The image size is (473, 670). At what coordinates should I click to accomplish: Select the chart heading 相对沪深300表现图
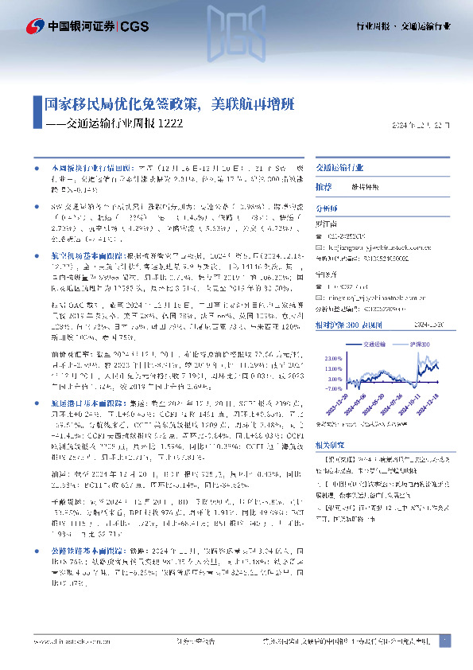point(347,325)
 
